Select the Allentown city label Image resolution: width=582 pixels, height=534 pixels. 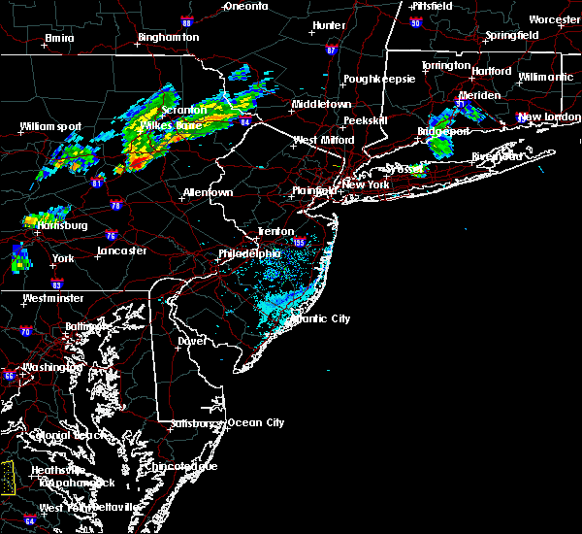coord(208,192)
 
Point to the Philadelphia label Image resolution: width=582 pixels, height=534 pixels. coord(252,253)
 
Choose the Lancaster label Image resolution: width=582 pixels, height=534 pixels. coord(121,250)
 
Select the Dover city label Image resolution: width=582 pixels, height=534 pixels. coord(193,341)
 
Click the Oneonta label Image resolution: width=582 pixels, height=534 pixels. coord(245,6)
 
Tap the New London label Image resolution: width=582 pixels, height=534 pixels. coord(547,117)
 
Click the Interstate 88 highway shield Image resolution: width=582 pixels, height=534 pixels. coord(185,21)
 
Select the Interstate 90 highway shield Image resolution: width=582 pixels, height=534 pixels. coord(415,21)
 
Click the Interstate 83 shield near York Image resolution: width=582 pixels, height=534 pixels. coord(56,284)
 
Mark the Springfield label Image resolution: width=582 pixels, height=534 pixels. coord(513,35)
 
